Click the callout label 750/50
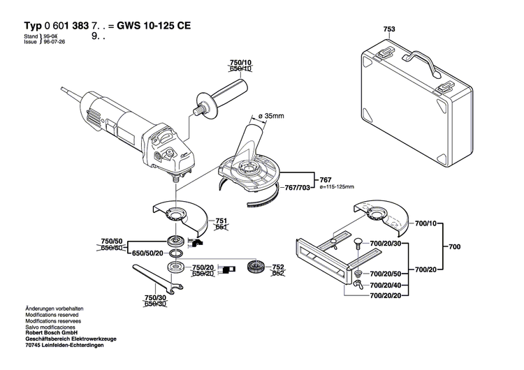[113, 242]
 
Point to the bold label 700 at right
[454, 246]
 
